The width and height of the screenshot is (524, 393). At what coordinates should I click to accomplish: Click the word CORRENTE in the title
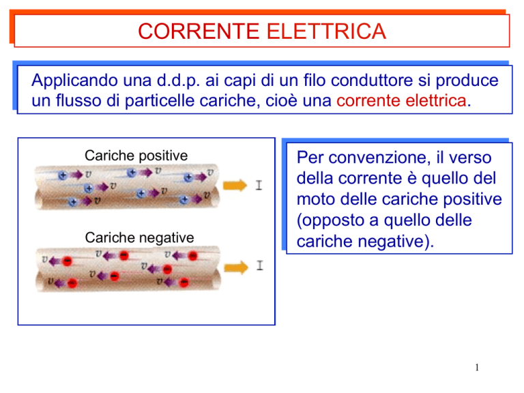(199, 31)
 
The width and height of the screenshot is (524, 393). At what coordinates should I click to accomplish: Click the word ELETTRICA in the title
(326, 31)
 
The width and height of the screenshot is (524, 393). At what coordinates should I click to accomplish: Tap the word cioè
(281, 100)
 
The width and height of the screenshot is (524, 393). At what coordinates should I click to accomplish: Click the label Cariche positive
(136, 156)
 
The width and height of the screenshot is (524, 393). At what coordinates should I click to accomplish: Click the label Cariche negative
(139, 238)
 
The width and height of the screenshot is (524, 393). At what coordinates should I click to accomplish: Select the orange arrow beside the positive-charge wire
(235, 185)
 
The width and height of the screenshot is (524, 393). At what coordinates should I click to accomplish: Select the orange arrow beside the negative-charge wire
(236, 267)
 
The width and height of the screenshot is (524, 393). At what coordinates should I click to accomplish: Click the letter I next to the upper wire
(259, 185)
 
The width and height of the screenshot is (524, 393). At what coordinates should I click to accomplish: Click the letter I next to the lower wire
(260, 265)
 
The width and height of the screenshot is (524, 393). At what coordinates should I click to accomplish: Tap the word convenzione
(379, 158)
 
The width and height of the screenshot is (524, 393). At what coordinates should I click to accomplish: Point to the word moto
(316, 199)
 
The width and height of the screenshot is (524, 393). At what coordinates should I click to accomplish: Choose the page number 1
(477, 368)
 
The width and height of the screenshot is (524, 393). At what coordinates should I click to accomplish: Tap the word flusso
(78, 100)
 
